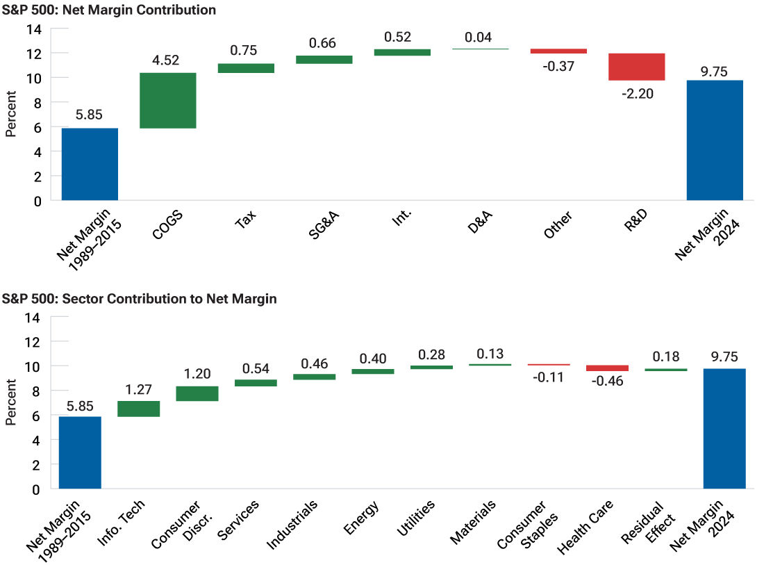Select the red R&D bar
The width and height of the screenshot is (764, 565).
(x=636, y=67)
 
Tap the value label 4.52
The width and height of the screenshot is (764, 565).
(x=166, y=60)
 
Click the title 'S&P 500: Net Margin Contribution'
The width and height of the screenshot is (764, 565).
(x=109, y=10)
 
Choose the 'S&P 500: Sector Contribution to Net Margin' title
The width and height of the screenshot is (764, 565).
(x=139, y=300)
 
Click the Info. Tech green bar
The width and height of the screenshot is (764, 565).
(x=139, y=409)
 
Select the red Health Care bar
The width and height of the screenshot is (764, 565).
(x=607, y=368)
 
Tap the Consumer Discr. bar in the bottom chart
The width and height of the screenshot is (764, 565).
(x=197, y=393)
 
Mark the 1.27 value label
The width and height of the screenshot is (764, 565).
(x=139, y=389)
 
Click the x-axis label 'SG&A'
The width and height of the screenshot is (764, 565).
(x=324, y=224)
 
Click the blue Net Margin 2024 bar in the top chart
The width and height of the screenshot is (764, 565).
(x=715, y=140)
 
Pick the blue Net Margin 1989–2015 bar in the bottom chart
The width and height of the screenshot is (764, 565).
(x=80, y=452)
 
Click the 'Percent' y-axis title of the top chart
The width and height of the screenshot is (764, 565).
(x=10, y=115)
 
